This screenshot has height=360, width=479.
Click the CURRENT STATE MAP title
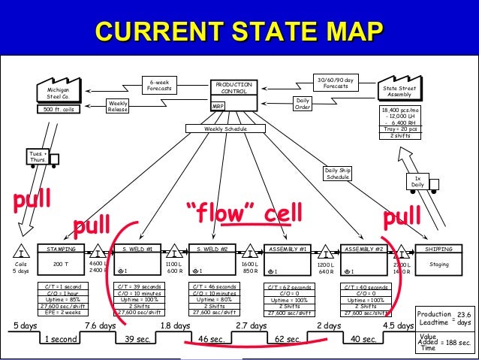[x=239, y=32]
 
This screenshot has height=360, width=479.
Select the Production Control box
[x=233, y=95]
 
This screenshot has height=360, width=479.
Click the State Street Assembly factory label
[x=398, y=92]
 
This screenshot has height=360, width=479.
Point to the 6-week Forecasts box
[x=158, y=85]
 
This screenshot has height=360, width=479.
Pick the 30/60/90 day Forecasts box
[x=335, y=82]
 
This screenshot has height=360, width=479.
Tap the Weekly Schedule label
[x=226, y=129]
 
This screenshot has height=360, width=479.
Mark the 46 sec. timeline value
[x=212, y=340]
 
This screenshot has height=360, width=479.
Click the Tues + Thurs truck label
[x=37, y=157]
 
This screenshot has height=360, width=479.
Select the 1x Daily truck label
[x=417, y=180]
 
